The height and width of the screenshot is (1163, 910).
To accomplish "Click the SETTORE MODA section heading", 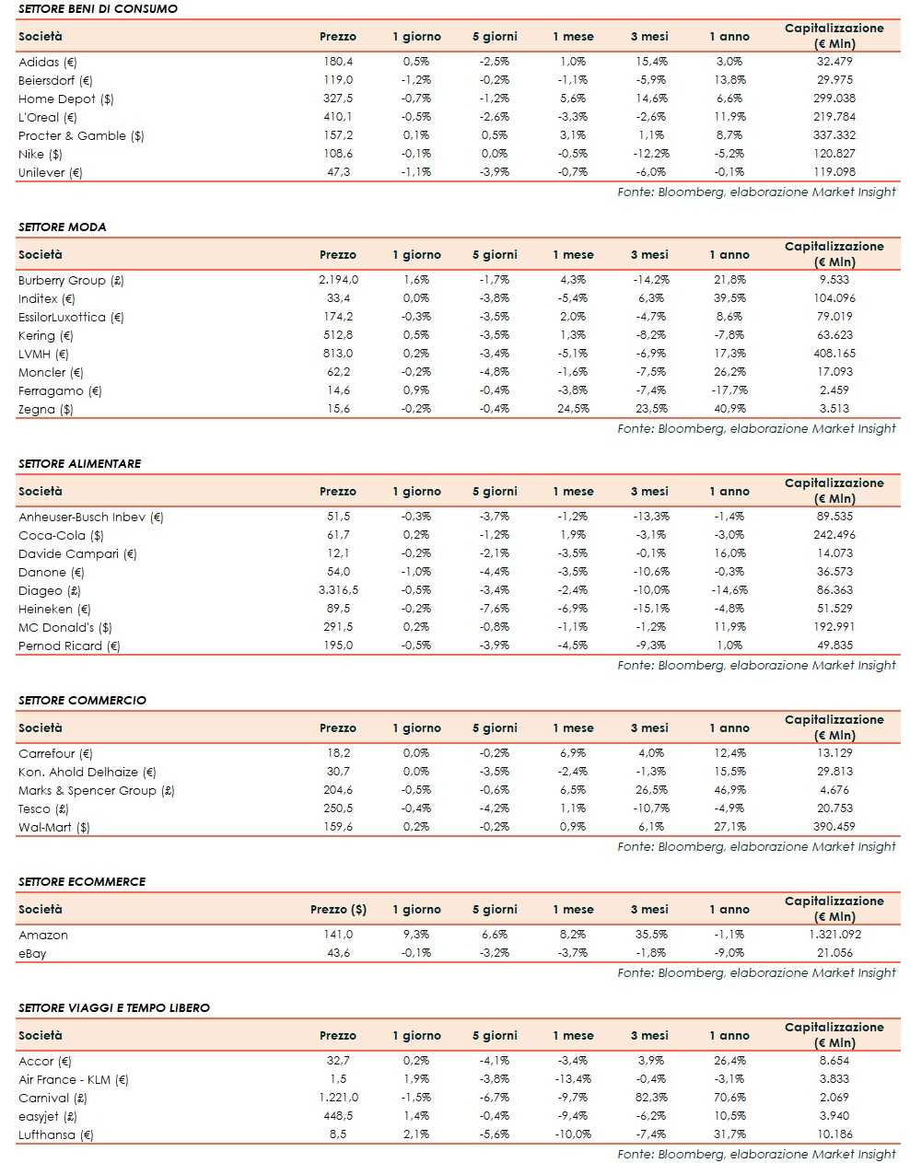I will click(62, 227).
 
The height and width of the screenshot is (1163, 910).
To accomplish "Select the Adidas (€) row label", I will click(48, 62).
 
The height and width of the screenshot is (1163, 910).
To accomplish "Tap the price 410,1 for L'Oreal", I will click(338, 117).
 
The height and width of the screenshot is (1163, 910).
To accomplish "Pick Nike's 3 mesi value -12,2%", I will click(651, 154).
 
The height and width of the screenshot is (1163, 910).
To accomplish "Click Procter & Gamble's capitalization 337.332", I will click(834, 135).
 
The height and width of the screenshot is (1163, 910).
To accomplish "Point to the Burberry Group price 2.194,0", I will click(338, 280).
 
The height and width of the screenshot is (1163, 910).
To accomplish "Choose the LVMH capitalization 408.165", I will click(834, 354).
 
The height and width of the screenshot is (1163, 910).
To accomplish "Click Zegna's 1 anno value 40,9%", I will click(729, 409).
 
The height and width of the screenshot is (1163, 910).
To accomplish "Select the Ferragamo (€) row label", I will click(60, 390).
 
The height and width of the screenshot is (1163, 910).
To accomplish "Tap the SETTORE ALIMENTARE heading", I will click(79, 463).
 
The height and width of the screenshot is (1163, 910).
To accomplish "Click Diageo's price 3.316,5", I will click(338, 590).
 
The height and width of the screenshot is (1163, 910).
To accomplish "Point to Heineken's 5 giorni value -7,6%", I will click(495, 609).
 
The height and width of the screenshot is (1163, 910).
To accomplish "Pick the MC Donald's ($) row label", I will click(65, 627).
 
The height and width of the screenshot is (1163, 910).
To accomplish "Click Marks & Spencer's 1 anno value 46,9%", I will click(729, 790).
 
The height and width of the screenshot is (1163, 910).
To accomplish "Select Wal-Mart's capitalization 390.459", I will click(834, 827).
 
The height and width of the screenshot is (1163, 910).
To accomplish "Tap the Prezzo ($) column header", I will click(338, 910).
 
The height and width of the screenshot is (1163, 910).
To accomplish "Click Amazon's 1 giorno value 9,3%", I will click(416, 935).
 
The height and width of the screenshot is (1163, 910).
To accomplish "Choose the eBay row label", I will click(32, 953).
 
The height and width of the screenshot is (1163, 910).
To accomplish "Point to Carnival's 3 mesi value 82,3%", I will click(651, 1098).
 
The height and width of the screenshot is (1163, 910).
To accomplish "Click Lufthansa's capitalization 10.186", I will click(834, 1134).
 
